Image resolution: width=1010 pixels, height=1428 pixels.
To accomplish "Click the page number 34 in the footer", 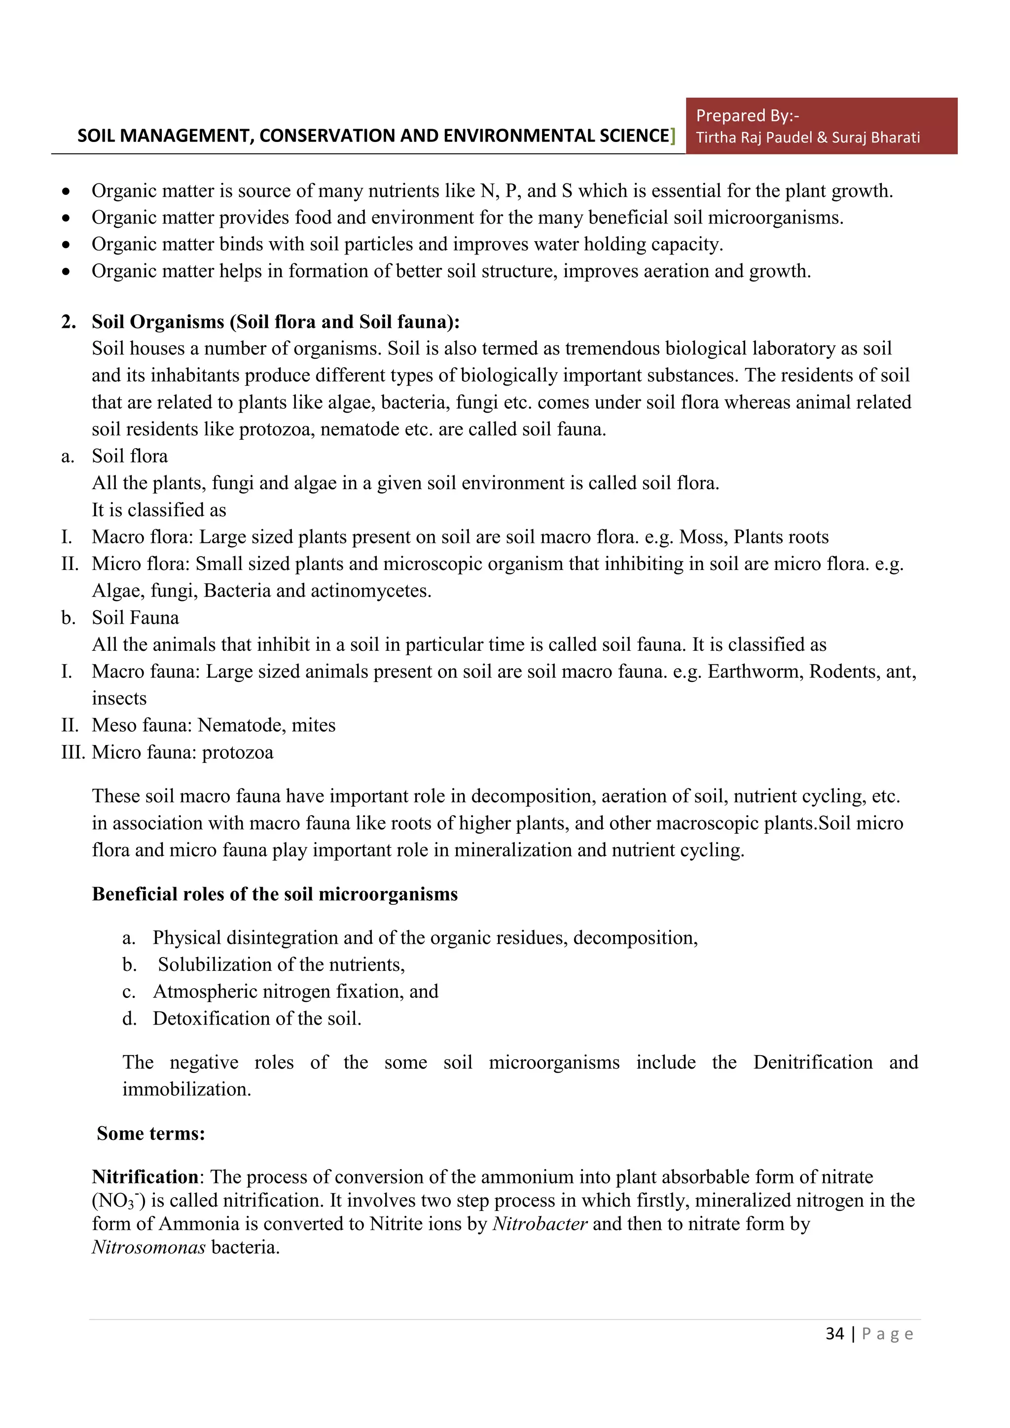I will point(834,1333).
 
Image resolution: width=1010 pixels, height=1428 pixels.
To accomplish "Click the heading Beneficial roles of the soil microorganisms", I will point(274,894).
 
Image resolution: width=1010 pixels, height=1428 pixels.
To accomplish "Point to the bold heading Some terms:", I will point(150,1133).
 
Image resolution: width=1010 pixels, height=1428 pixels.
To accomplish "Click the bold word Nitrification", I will point(145,1177).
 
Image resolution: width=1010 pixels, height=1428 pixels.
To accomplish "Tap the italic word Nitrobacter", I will point(539,1224).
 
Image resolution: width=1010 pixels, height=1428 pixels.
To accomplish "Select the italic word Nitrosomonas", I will point(148,1247).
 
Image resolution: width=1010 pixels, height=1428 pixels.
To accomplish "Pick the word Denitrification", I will point(812,1062).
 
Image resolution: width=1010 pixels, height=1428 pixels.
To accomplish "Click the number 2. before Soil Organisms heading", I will point(69,321).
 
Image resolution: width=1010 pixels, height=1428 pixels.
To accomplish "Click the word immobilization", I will point(186,1089).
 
